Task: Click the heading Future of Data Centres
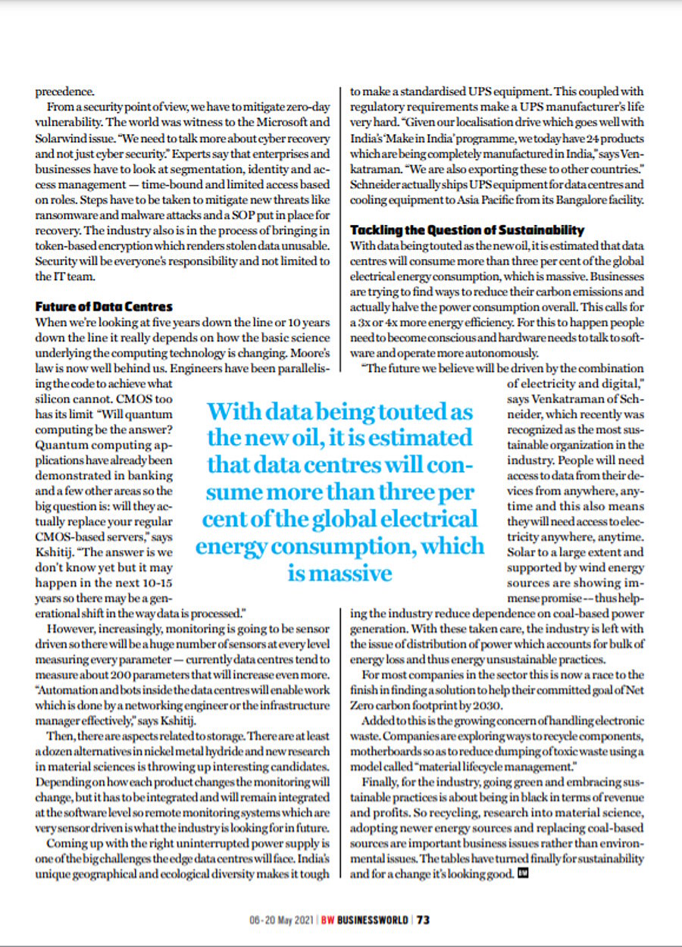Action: tap(105, 307)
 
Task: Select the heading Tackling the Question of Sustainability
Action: tap(468, 230)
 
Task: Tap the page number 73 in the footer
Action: tap(423, 920)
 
